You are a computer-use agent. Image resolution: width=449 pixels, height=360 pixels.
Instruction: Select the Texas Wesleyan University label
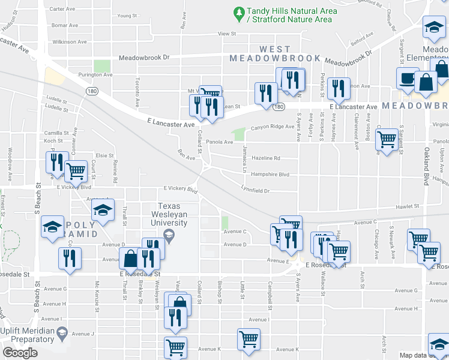(x=169, y=214)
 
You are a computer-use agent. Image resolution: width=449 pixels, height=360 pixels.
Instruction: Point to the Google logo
(x=20, y=352)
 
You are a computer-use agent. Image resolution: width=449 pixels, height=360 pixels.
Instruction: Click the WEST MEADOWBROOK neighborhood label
(x=276, y=53)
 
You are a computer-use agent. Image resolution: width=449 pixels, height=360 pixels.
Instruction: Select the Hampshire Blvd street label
(x=270, y=175)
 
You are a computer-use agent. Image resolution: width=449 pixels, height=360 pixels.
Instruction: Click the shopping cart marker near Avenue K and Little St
(x=248, y=338)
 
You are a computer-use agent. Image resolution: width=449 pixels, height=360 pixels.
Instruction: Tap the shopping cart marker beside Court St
(x=76, y=171)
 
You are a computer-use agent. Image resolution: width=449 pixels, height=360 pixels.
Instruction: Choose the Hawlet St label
(x=406, y=206)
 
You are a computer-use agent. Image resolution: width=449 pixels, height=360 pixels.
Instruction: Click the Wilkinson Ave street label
(x=69, y=42)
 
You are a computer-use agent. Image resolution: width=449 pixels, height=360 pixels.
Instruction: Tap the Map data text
(x=414, y=355)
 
